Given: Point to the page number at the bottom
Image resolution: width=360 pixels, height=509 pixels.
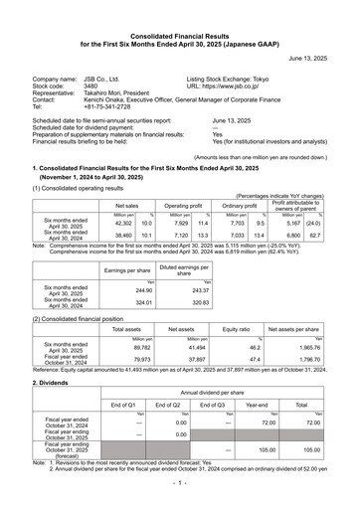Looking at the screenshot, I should [x=180, y=500].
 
